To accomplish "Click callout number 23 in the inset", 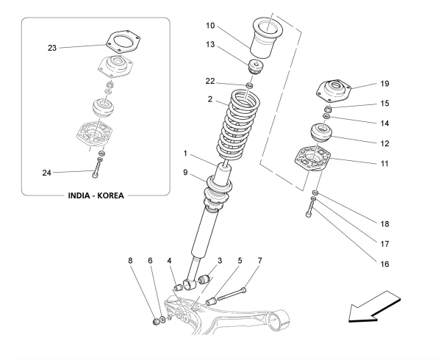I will [x=52, y=48].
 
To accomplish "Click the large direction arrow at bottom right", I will [x=375, y=308].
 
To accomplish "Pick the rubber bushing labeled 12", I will [x=320, y=135].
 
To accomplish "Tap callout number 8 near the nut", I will [x=132, y=261].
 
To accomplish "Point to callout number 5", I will [x=240, y=261].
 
